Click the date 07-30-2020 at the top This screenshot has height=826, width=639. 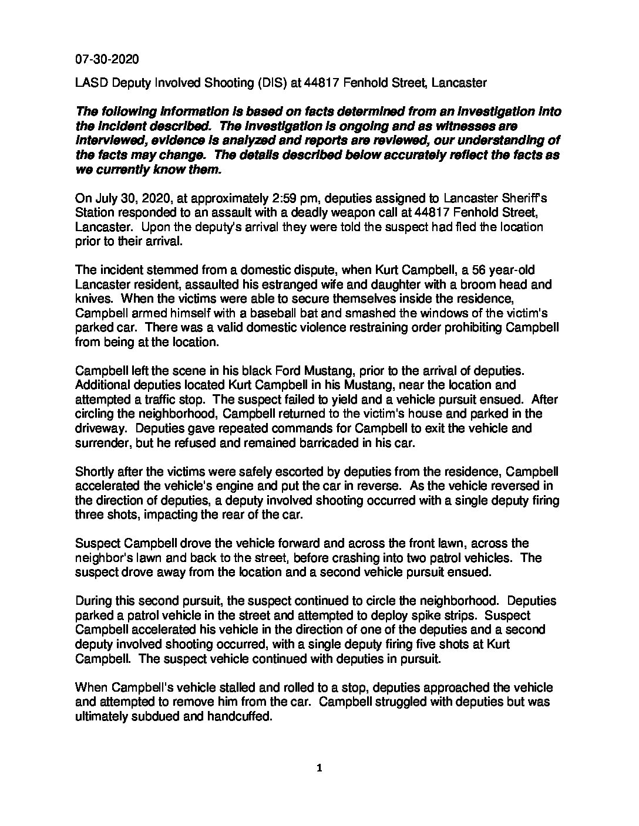click(x=107, y=60)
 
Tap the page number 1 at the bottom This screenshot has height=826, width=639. click(x=319, y=769)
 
